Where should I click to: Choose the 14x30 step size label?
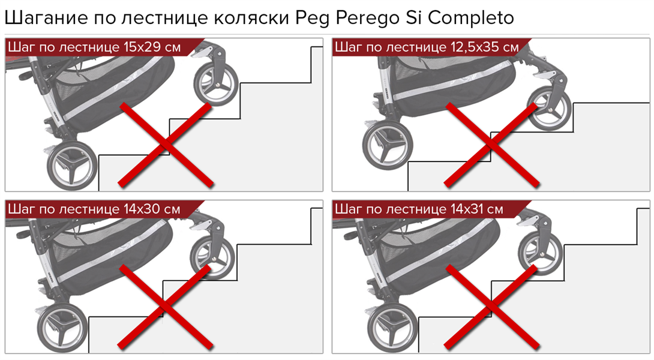point(139,209)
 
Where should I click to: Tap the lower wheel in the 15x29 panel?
point(72,165)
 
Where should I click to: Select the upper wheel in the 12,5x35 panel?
point(549,108)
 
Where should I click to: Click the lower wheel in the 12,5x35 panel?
point(388,145)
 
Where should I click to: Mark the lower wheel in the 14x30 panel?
point(62,328)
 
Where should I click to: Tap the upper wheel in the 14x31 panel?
point(540,251)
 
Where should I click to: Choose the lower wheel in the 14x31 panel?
point(392,328)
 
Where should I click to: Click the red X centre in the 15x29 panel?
point(166,145)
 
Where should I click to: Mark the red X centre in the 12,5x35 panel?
point(492,145)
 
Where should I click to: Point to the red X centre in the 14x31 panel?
point(492,307)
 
